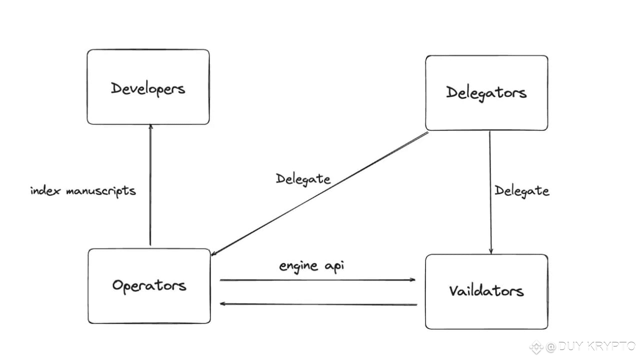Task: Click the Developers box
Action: coord(148,87)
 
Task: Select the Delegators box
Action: coord(486,93)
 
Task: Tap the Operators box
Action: coord(149,286)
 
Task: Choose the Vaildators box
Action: coord(486,291)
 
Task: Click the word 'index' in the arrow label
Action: coord(45,190)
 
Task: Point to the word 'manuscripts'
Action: coord(101,191)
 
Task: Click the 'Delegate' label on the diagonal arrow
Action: coord(303,179)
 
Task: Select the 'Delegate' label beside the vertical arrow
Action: coord(521,191)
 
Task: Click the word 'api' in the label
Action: coord(334,265)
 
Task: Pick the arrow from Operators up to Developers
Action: coord(150,185)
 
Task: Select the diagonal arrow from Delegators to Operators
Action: coord(319,193)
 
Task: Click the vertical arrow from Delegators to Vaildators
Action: coord(490,192)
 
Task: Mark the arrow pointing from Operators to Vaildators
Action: coord(317,280)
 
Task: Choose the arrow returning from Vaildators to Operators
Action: coord(318,304)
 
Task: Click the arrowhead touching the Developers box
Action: coord(150,126)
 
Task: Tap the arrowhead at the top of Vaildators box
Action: coord(491,251)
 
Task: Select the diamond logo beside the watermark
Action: coord(536,347)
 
